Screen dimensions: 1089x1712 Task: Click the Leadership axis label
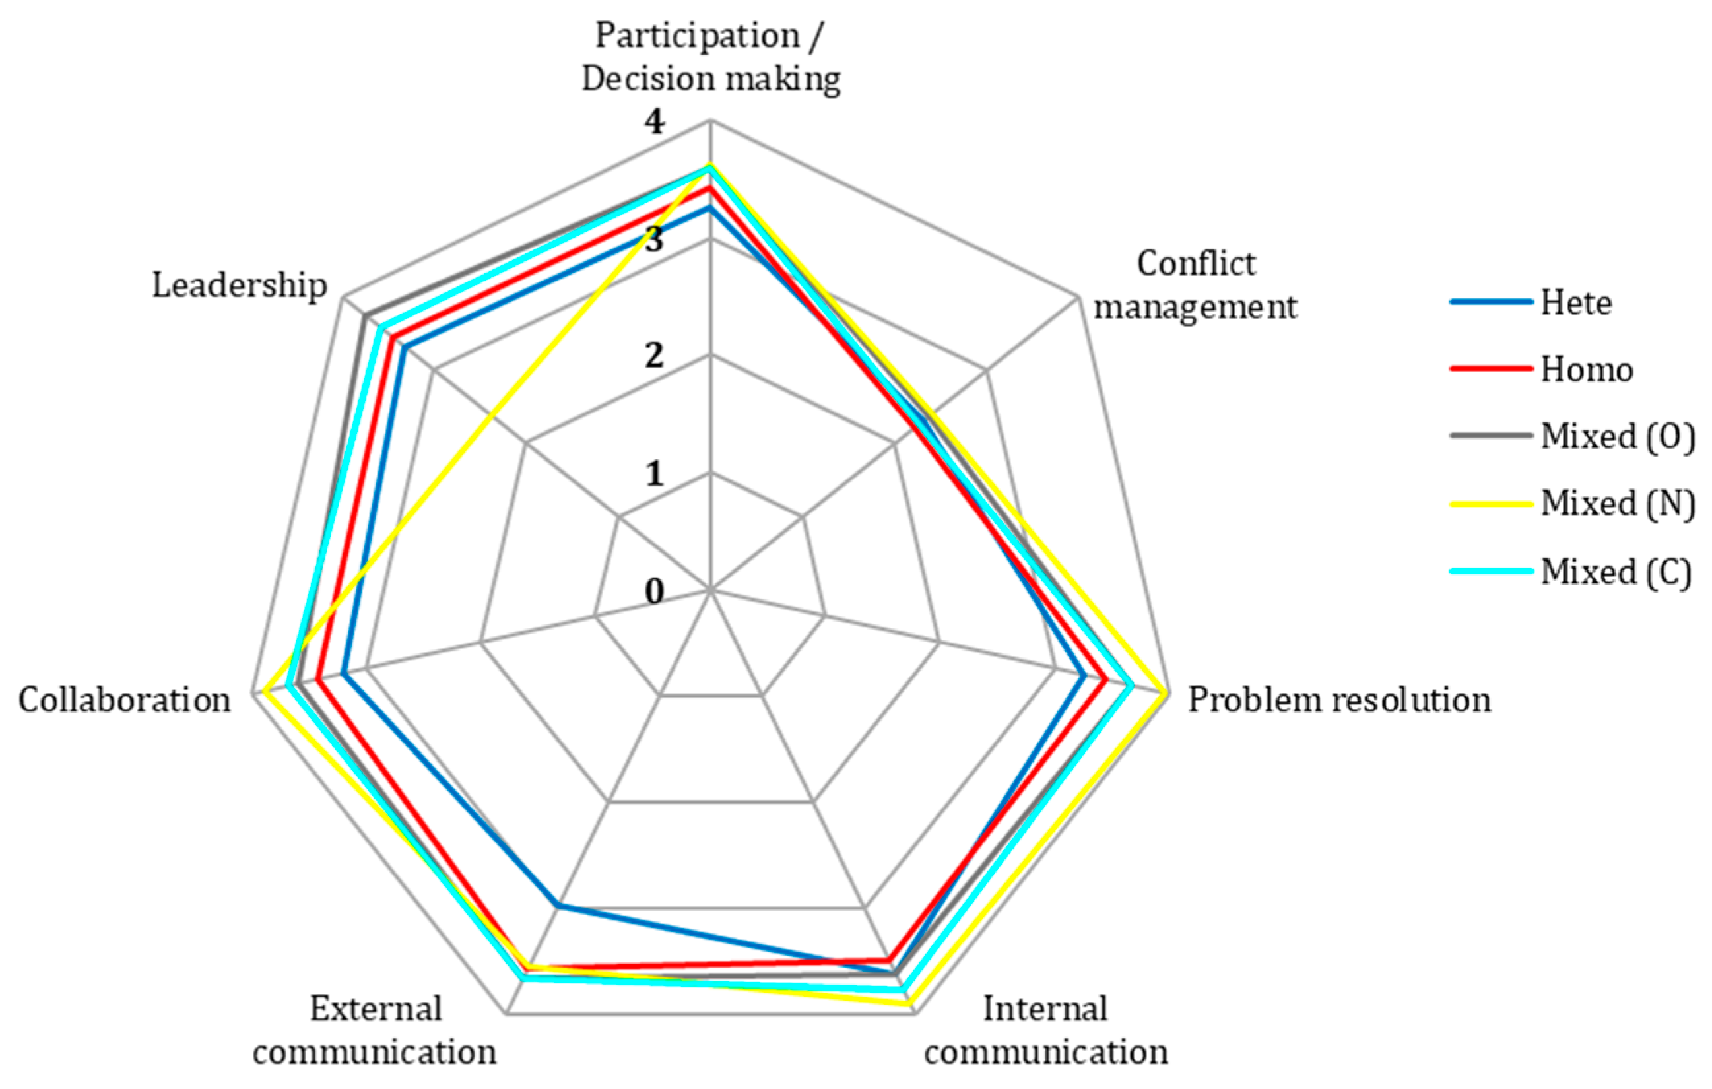[240, 286]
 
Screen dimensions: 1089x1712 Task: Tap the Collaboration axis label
[125, 700]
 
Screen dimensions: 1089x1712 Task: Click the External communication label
[375, 1030]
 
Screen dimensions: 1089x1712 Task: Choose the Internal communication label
[1046, 1030]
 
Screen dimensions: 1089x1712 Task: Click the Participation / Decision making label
[711, 57]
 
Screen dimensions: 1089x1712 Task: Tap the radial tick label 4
[654, 122]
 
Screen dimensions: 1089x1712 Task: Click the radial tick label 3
[654, 240]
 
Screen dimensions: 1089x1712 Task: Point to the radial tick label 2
[654, 356]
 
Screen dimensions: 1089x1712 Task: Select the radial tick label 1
[654, 473]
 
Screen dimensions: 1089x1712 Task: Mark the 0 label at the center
[654, 591]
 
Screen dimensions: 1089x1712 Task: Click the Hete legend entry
[1575, 304]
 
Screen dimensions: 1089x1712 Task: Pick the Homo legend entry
[1586, 370]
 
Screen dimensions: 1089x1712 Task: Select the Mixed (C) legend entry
[1615, 572]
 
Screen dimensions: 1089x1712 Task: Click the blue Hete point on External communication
[559, 905]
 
